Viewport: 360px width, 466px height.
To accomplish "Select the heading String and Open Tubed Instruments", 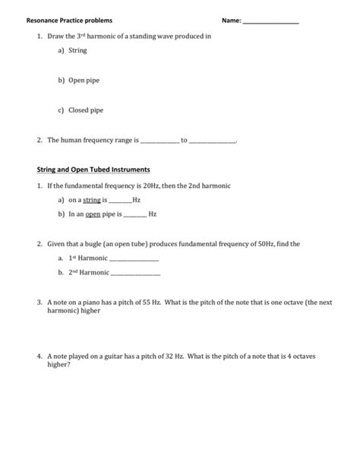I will pos(94,169).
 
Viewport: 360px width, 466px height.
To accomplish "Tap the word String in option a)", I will pos(78,51).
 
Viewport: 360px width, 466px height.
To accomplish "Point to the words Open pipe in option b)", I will pos(86,80).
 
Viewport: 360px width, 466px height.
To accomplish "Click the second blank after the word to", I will pos(213,141).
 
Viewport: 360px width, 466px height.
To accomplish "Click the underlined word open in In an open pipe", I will pos(93,215).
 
